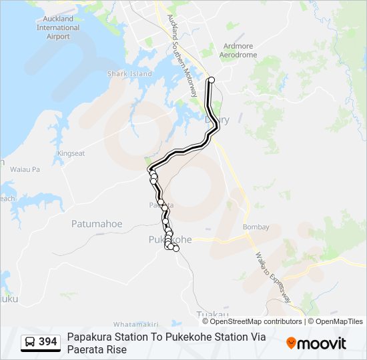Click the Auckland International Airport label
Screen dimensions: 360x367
pos(57,28)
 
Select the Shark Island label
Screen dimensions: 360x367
pos(129,74)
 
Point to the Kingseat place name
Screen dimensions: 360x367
pos(71,153)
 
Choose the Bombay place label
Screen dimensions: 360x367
pos(256,227)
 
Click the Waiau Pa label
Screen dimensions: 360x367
pos(26,170)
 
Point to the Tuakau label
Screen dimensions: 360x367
pos(213,315)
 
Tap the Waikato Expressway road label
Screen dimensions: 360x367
pos(273,276)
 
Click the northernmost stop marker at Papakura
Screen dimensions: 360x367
pos(212,80)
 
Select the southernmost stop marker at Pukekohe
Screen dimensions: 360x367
pos(176,249)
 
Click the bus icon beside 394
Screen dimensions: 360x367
pos(30,342)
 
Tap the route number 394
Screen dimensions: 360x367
pos(48,342)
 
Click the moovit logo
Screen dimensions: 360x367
pos(316,343)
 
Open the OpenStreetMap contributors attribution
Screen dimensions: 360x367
pos(256,321)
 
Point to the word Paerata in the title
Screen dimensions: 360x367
pos(84,349)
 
